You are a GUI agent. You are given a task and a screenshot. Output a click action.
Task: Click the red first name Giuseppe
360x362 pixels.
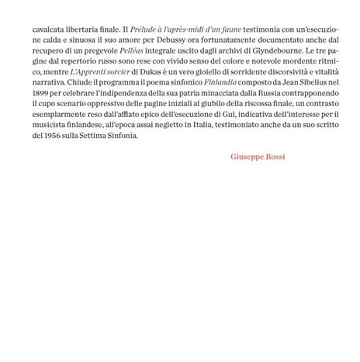(x=247, y=157)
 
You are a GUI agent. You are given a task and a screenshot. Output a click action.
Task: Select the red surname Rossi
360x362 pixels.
(x=275, y=157)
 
